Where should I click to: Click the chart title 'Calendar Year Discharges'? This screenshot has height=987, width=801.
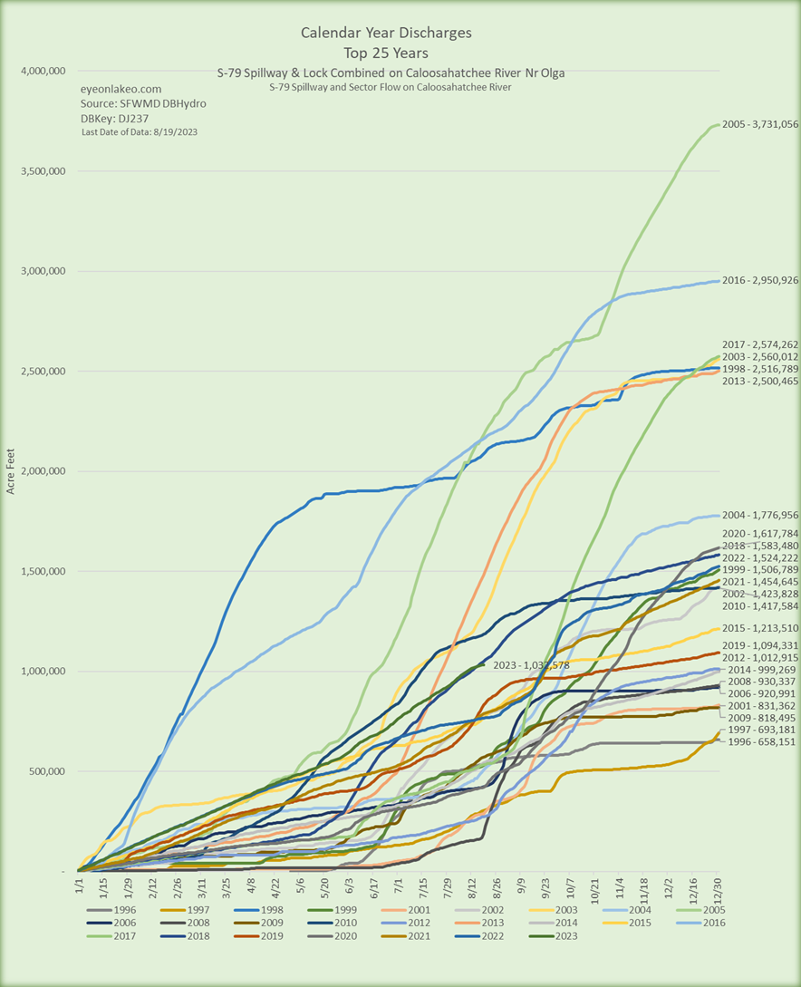[x=386, y=33]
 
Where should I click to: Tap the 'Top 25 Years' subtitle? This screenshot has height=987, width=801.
[x=386, y=52]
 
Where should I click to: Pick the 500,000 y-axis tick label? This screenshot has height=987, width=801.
[x=42, y=771]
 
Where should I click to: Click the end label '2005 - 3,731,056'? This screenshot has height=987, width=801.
[x=760, y=124]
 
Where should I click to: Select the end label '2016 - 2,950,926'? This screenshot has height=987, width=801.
[x=760, y=281]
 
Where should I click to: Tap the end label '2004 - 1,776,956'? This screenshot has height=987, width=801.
[x=760, y=517]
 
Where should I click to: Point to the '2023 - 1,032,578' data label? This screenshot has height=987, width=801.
[x=536, y=665]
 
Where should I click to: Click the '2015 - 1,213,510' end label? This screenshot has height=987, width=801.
[x=760, y=628]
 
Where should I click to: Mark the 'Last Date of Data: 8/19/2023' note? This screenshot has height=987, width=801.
[x=140, y=132]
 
